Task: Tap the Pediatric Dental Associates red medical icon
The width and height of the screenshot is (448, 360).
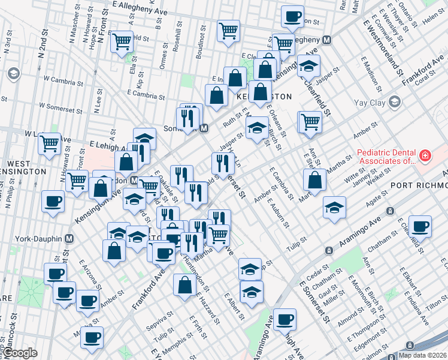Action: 425,156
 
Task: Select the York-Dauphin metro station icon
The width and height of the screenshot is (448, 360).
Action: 69,238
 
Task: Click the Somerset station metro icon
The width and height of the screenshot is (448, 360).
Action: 204,128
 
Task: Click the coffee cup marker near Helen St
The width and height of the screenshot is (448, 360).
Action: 293,17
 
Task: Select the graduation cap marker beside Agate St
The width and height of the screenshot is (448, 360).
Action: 335,208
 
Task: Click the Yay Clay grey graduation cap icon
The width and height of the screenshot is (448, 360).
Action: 395,103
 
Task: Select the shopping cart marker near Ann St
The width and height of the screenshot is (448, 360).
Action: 310,122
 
